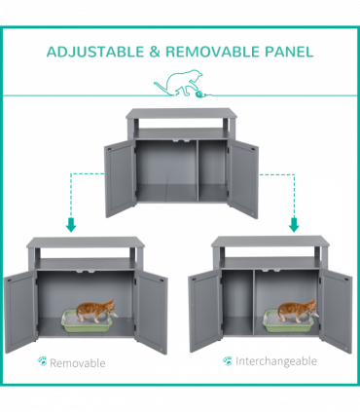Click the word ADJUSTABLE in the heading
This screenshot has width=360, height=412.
pyautogui.click(x=95, y=52)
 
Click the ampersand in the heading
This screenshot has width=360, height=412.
pyautogui.click(x=155, y=52)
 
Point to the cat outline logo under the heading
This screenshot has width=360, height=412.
pyautogui.click(x=178, y=83)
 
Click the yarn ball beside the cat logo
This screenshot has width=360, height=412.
pyautogui.click(x=198, y=94)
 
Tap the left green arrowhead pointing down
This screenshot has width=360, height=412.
pyautogui.click(x=71, y=225)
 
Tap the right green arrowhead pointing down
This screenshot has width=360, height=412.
pyautogui.click(x=294, y=225)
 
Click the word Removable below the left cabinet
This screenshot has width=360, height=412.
pyautogui.click(x=78, y=362)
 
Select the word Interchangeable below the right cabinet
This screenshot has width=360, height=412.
pyautogui.click(x=276, y=361)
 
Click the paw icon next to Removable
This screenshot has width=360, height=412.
pyautogui.click(x=42, y=361)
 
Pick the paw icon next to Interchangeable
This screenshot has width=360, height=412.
pyautogui.click(x=228, y=360)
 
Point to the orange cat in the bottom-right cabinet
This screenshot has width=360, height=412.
pyautogui.click(x=298, y=311)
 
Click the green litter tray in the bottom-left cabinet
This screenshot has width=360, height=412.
pyautogui.click(x=87, y=321)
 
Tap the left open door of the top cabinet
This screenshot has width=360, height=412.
pyautogui.click(x=120, y=178)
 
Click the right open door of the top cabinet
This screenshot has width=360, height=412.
pyautogui.click(x=242, y=179)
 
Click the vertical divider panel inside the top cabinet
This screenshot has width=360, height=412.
pyautogui.click(x=198, y=170)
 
